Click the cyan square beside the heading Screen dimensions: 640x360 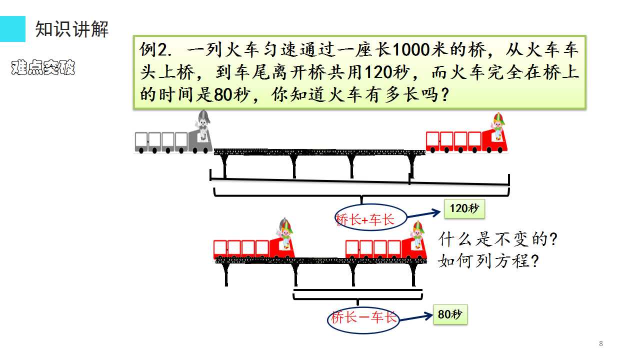pyautogui.click(x=12, y=29)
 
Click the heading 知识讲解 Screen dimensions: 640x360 pyautogui.click(x=71, y=29)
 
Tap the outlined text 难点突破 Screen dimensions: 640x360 pyautogui.click(x=43, y=67)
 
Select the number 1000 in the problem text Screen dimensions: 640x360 pyautogui.click(x=411, y=49)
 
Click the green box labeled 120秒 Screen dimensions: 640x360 pyautogui.click(x=464, y=208)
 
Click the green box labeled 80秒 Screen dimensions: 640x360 pyautogui.click(x=450, y=314)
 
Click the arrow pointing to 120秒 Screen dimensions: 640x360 pyautogui.click(x=423, y=214)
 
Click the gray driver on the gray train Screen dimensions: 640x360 pyautogui.click(x=203, y=124)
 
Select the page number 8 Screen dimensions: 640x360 pyautogui.click(x=601, y=343)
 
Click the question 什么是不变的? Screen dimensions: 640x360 pyautogui.click(x=497, y=239)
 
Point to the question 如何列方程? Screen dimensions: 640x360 pyautogui.click(x=488, y=260)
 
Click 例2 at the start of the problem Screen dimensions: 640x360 pyautogui.click(x=155, y=49)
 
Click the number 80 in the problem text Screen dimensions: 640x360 pyautogui.click(x=223, y=94)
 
